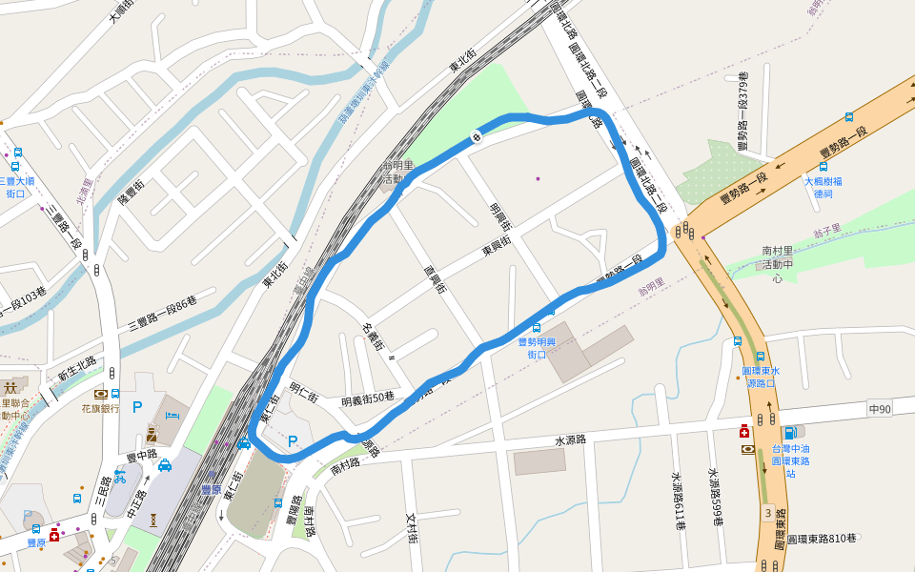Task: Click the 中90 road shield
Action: [x=879, y=409]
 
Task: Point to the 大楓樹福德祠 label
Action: [x=823, y=187]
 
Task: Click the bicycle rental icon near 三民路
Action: [x=120, y=477]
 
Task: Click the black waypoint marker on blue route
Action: [x=475, y=136]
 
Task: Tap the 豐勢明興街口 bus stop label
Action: [x=537, y=348]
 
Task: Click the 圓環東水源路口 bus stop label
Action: [x=760, y=377]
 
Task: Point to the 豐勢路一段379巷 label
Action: [x=743, y=109]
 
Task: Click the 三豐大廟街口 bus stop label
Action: [x=16, y=187]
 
